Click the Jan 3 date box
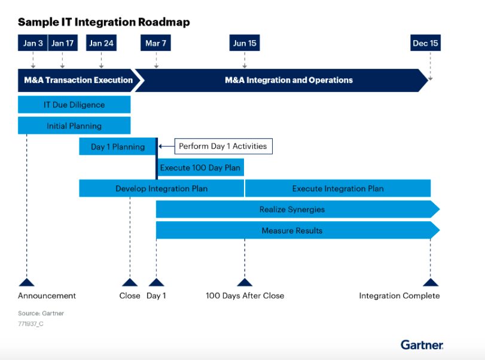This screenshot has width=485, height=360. coord(33,43)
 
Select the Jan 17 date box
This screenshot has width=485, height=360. coord(62,43)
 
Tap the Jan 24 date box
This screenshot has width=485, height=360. coord(101,43)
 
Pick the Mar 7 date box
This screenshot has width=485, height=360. coord(156,43)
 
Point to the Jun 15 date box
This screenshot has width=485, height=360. coord(245,43)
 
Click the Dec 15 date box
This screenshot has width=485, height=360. coord(425,43)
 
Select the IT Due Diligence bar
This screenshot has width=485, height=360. coord(74,105)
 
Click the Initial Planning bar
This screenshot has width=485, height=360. coord(74,126)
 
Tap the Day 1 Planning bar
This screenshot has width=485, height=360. coord(117,147)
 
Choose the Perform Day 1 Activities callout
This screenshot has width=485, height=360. coord(223,146)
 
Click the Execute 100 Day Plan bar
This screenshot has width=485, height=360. coord(200,167)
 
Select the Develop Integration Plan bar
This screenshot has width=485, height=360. coord(161,188)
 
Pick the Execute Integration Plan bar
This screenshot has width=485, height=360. coord(338,188)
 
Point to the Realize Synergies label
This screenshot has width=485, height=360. coord(292,209)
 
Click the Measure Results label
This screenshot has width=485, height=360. coord(292,230)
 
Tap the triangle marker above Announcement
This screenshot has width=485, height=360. coord(26,282)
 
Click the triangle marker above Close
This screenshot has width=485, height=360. coord(130,282)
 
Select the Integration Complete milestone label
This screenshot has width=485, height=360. coord(399,295)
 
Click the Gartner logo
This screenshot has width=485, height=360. coord(422,344)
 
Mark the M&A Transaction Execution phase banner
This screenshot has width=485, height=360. coord(78,80)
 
